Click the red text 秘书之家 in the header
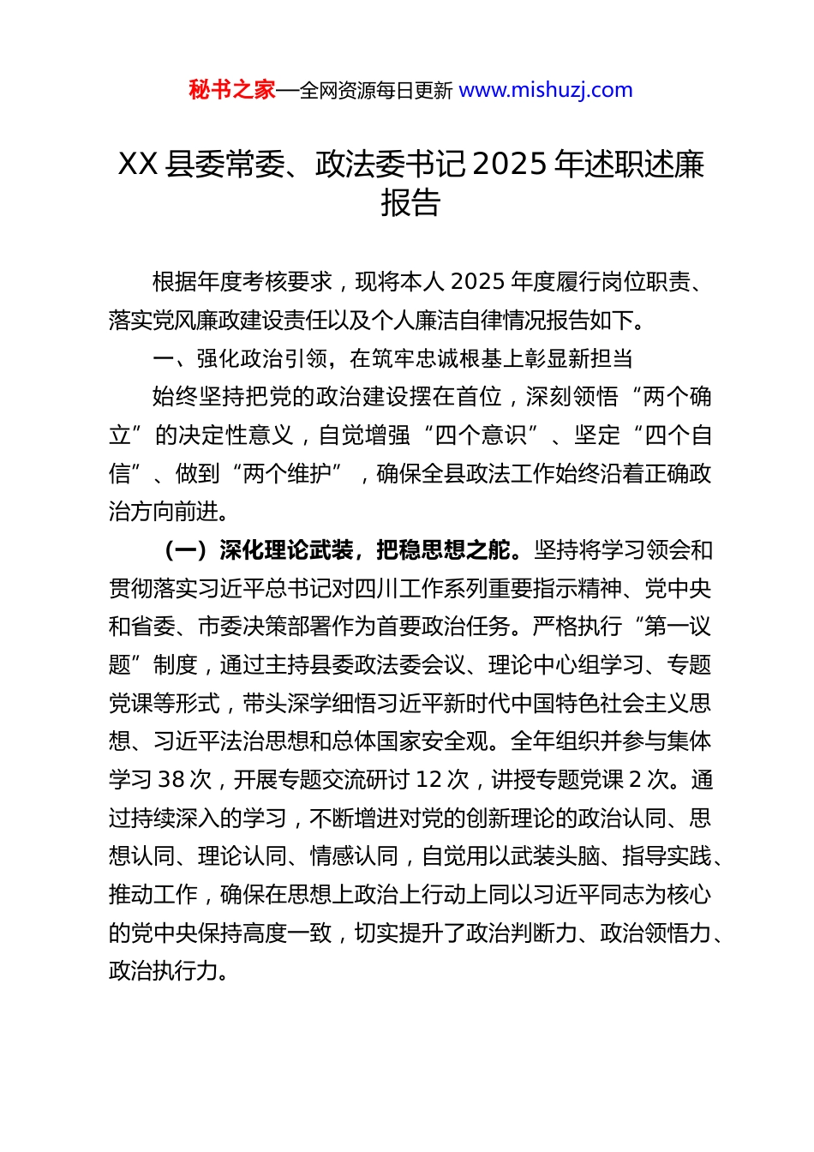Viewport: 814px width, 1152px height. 232,90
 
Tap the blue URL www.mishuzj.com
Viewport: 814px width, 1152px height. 546,90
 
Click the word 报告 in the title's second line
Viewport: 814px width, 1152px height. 410,203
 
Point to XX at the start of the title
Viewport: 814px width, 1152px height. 137,164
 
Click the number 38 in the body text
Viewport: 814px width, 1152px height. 171,779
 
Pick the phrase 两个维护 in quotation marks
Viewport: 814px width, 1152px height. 286,473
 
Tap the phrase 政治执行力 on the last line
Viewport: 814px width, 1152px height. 164,970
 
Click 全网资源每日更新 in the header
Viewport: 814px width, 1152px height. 375,90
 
